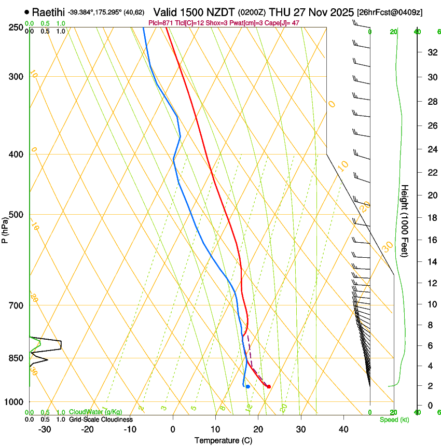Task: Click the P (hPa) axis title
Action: point(5,229)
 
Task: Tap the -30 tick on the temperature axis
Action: point(45,429)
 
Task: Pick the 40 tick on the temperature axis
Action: point(343,429)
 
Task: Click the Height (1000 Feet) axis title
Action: point(405,220)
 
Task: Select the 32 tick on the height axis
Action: point(431,52)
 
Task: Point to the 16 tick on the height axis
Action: point(431,240)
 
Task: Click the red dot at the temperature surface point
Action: point(268,386)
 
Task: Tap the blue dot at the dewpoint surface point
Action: point(248,386)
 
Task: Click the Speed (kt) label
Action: point(394,420)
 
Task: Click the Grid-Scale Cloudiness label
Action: point(101,420)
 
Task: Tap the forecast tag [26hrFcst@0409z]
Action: point(389,12)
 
